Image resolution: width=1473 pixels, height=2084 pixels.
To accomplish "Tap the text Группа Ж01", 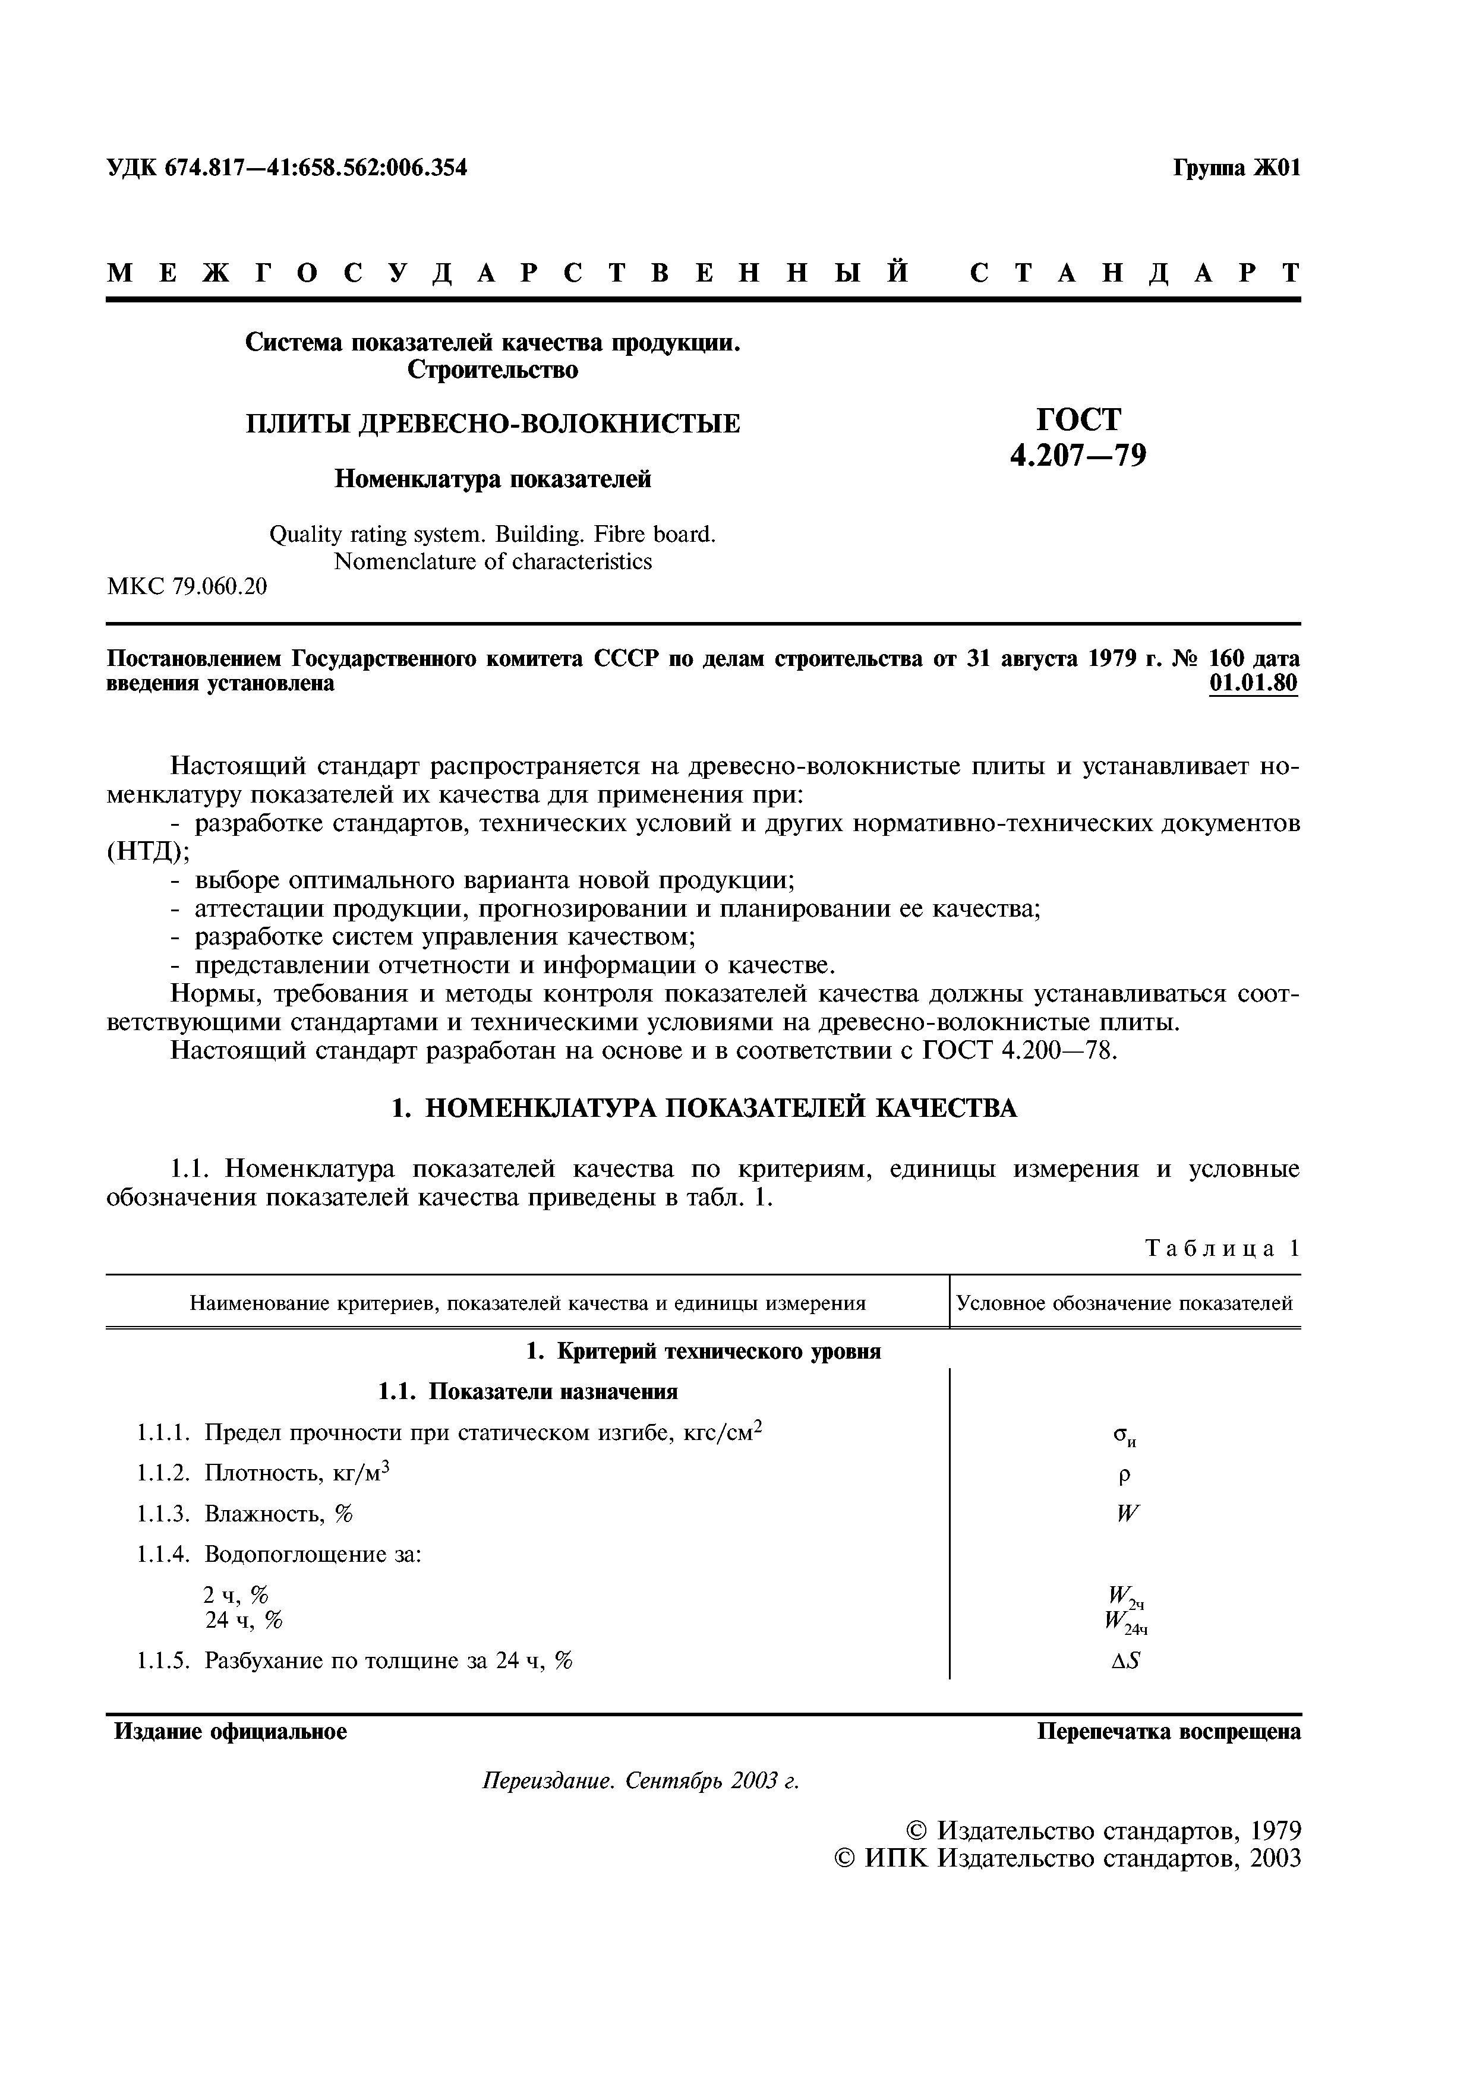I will (x=1236, y=169).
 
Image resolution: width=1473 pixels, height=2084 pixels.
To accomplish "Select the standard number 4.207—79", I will (x=1078, y=454).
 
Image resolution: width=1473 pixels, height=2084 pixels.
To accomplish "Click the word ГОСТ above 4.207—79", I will (x=1079, y=419).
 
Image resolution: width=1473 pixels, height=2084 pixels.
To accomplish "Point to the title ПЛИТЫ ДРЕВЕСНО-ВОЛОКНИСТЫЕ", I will (x=493, y=424).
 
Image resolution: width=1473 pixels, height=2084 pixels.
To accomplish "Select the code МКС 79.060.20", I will (x=187, y=588).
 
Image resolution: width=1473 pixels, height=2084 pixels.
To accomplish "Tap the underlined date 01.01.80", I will (x=1253, y=683).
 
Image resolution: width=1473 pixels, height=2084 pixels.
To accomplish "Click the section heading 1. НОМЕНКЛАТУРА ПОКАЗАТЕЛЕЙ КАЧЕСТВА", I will (x=704, y=1109).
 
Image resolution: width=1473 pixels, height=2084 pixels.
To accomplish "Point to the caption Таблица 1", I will (x=1222, y=1248).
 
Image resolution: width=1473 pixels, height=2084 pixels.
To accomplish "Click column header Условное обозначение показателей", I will (x=1124, y=1303).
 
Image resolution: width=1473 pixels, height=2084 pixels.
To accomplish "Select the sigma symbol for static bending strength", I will (x=1124, y=1436).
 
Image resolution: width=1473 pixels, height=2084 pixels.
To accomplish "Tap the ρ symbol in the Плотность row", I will (x=1124, y=1476).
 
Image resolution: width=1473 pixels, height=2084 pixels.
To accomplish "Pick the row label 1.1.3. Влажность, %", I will (x=245, y=1514).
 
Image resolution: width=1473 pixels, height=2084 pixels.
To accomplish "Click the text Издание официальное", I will (x=231, y=1732).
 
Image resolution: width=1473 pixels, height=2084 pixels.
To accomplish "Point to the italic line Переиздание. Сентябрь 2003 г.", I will (x=640, y=1781).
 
